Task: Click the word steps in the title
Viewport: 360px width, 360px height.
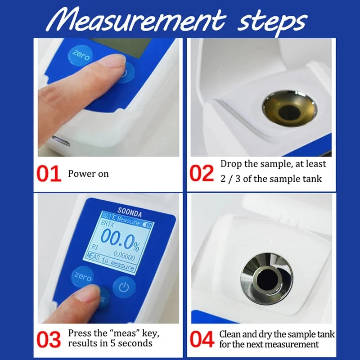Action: [x=269, y=20]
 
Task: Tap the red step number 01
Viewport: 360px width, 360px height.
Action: [x=49, y=174]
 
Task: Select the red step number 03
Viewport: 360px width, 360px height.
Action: [x=49, y=339]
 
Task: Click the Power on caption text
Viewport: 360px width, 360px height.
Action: [x=88, y=174]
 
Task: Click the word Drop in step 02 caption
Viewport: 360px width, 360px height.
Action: [x=231, y=164]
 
